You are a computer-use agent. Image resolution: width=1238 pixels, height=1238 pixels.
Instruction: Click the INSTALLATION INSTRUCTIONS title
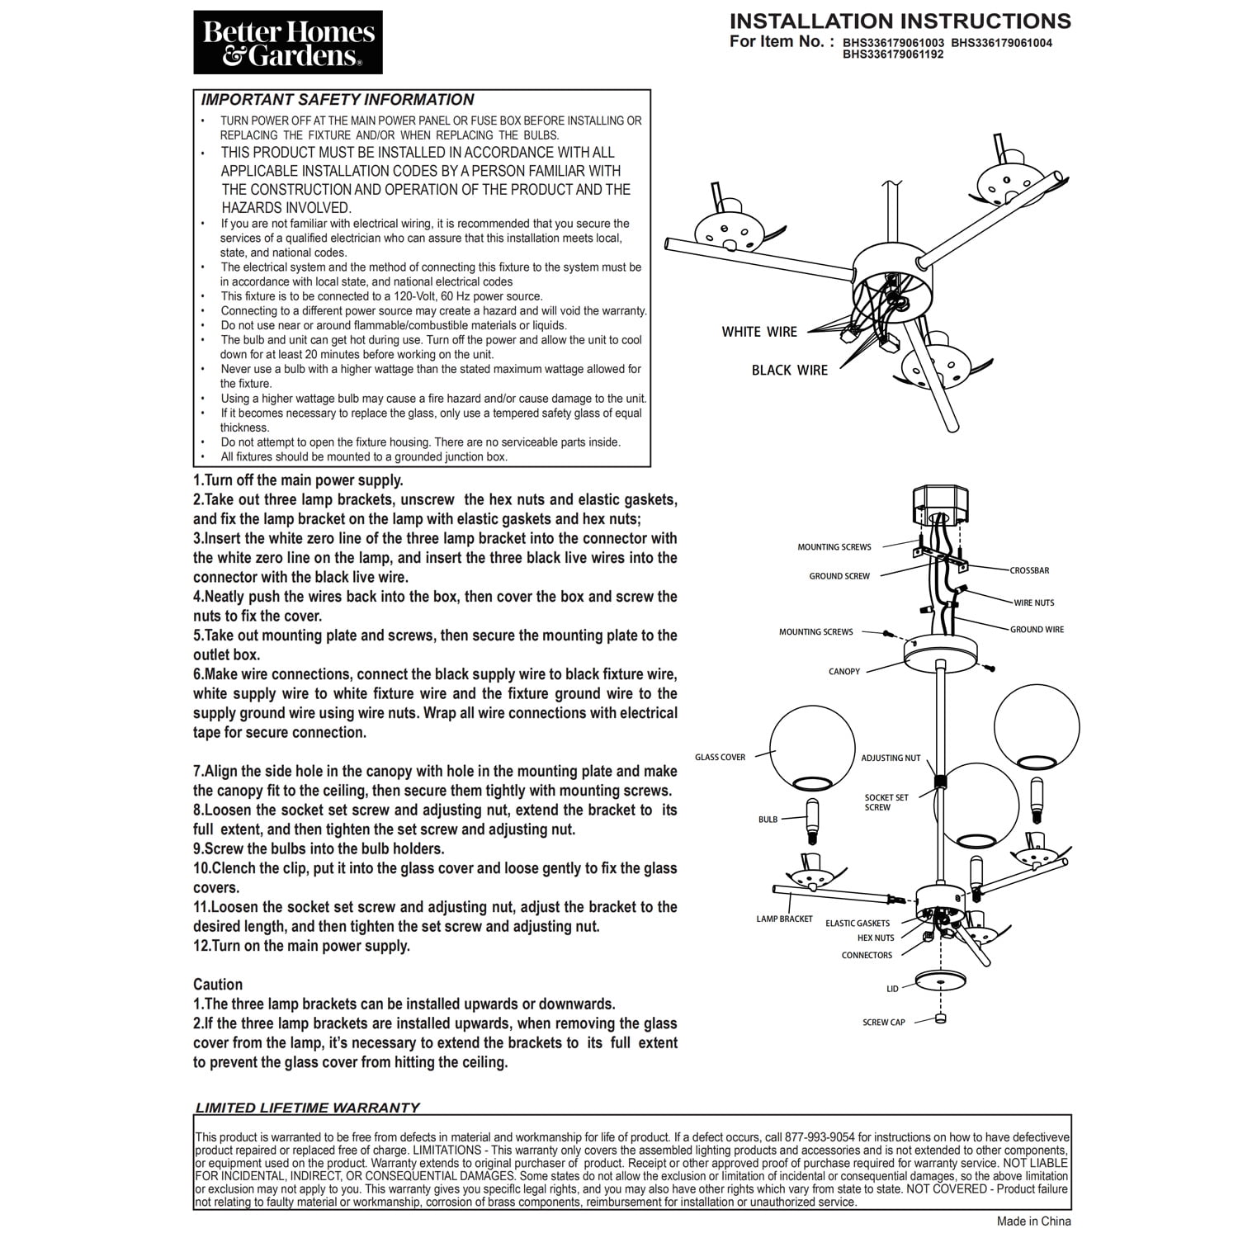pyautogui.click(x=900, y=21)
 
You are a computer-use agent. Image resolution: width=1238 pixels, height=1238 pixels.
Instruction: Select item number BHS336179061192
pyautogui.click(x=893, y=54)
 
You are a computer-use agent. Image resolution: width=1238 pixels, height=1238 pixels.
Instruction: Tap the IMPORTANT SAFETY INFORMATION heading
pyautogui.click(x=338, y=100)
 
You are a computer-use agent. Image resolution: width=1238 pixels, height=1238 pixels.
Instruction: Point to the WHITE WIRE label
pyautogui.click(x=759, y=332)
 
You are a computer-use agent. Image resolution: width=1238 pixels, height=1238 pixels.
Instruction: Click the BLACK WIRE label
pyautogui.click(x=789, y=370)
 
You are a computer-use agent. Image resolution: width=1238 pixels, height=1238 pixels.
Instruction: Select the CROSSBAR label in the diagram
pyautogui.click(x=1029, y=570)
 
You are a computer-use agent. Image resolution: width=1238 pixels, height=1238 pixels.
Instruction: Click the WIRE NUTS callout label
pyautogui.click(x=1034, y=602)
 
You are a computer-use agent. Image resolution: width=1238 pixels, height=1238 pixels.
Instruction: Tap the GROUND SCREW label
pyautogui.click(x=839, y=576)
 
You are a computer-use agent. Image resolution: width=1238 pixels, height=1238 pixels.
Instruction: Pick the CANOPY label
pyautogui.click(x=844, y=671)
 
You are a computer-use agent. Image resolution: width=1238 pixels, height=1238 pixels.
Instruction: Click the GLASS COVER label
pyautogui.click(x=720, y=757)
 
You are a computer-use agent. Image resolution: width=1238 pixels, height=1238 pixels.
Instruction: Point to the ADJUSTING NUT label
pyautogui.click(x=891, y=758)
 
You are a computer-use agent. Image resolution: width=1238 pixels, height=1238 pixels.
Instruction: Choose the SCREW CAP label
pyautogui.click(x=884, y=1022)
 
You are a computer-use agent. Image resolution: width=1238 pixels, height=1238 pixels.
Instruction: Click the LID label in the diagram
pyautogui.click(x=892, y=988)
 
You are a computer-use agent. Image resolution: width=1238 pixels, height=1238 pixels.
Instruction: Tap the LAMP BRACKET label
pyautogui.click(x=784, y=919)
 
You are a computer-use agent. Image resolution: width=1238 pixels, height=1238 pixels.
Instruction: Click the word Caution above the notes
pyautogui.click(x=218, y=984)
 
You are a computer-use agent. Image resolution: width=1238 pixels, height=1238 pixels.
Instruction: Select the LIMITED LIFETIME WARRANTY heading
pyautogui.click(x=308, y=1108)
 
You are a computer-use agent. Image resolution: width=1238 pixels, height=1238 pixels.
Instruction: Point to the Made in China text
pyautogui.click(x=1033, y=1221)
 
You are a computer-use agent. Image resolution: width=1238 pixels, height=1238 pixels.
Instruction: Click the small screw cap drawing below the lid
pyautogui.click(x=939, y=1018)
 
